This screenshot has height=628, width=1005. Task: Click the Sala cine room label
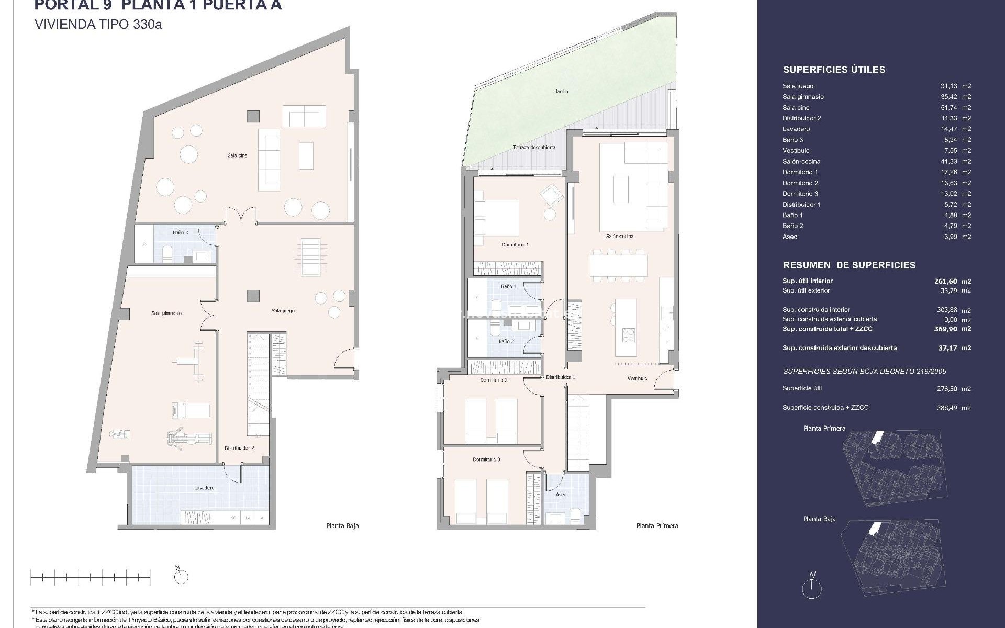pos(237,155)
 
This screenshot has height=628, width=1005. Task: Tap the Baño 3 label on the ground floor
pos(180,232)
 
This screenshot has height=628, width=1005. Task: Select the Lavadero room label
pos(204,488)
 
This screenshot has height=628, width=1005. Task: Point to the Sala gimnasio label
pos(166,313)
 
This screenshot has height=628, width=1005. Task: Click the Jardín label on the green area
pos(562,92)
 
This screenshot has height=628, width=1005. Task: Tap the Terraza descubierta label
pos(534,148)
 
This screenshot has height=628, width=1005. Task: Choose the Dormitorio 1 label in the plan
pos(515,244)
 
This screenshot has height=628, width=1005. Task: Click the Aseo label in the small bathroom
pos(561,494)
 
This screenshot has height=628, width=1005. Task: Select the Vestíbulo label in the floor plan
pos(637,378)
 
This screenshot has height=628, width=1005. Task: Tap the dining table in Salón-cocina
pos(618,265)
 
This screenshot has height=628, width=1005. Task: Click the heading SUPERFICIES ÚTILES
pos(834,70)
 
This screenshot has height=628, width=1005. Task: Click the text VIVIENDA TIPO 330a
pos(98,25)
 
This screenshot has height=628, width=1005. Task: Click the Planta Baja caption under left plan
pos(342,526)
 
